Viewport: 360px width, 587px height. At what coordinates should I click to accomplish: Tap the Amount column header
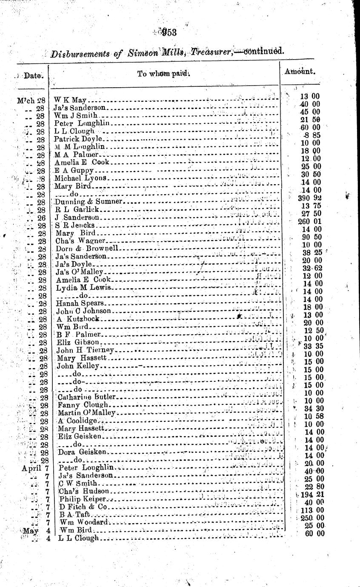[x=301, y=72]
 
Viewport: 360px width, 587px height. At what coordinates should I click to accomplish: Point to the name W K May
[x=70, y=100]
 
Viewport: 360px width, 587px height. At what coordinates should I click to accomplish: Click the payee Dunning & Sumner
[x=89, y=201]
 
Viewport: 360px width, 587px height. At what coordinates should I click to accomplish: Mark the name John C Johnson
[x=84, y=311]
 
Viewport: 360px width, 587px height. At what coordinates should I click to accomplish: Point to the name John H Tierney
[x=86, y=350]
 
